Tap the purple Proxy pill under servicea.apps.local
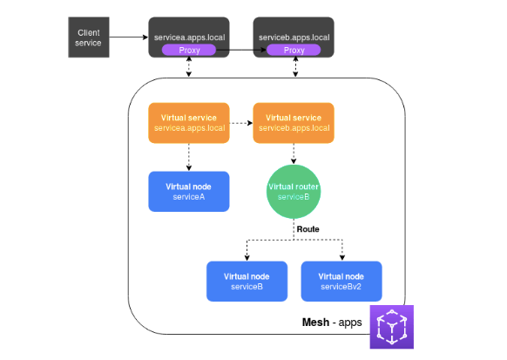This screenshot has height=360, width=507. click(x=189, y=51)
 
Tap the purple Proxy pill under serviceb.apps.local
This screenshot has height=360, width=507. click(x=294, y=51)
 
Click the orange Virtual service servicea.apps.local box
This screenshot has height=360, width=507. click(x=189, y=123)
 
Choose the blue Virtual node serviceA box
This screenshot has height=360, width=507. click(x=189, y=191)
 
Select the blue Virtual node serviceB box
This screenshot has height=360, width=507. click(x=247, y=281)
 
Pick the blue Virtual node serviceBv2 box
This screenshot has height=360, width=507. click(x=342, y=281)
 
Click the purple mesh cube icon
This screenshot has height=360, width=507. click(x=391, y=327)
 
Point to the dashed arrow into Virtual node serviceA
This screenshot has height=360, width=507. click(x=189, y=156)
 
